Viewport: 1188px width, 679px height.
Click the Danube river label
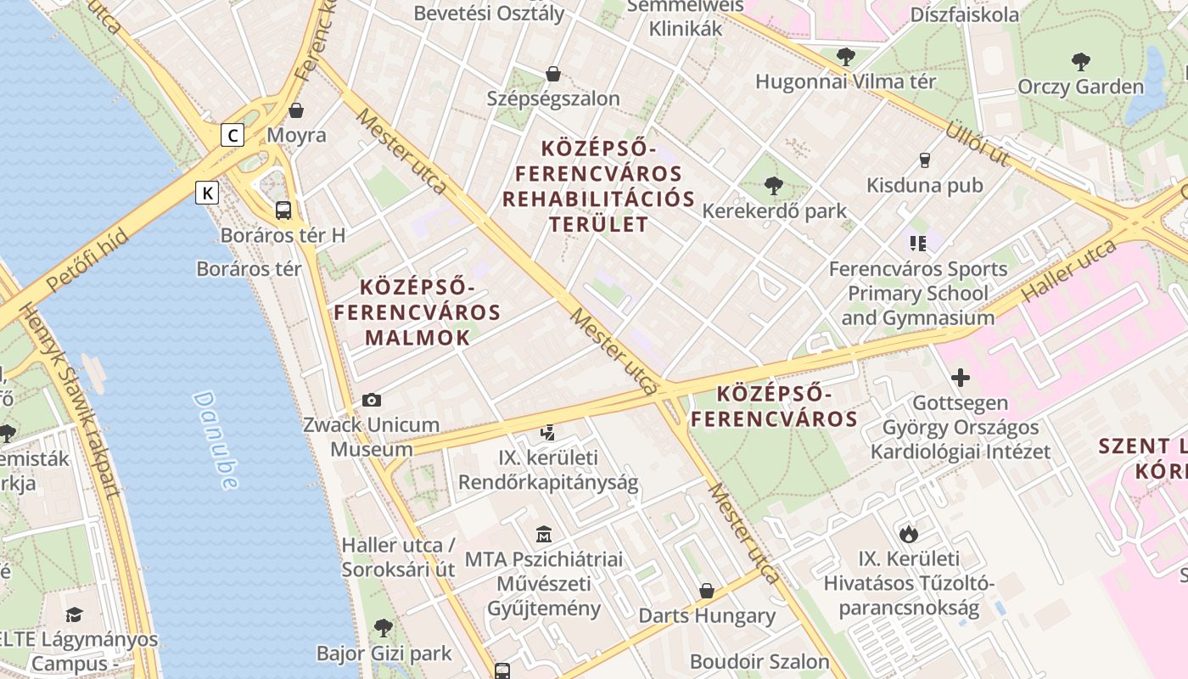pyautogui.click(x=215, y=440)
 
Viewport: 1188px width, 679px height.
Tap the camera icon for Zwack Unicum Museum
pyautogui.click(x=371, y=400)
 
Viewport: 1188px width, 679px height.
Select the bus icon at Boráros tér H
pyautogui.click(x=283, y=210)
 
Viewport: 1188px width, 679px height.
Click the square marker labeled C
pyautogui.click(x=233, y=134)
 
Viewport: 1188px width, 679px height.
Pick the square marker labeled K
pyautogui.click(x=206, y=193)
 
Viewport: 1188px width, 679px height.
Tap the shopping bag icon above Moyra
pyautogui.click(x=296, y=110)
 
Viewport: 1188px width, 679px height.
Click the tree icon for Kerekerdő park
pyautogui.click(x=773, y=185)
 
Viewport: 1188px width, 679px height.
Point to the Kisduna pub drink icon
pyautogui.click(x=925, y=160)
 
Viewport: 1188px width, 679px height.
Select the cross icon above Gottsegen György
pyautogui.click(x=961, y=377)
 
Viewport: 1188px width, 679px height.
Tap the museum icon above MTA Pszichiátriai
pyautogui.click(x=544, y=534)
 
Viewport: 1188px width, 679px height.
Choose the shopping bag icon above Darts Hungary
pyautogui.click(x=707, y=590)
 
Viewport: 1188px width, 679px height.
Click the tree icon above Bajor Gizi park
pyautogui.click(x=384, y=628)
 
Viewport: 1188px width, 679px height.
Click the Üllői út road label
pyautogui.click(x=978, y=143)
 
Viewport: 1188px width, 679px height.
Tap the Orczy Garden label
pyautogui.click(x=1080, y=87)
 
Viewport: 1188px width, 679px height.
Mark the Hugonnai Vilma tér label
pyautogui.click(x=845, y=81)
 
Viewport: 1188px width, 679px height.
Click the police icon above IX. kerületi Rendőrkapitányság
pyautogui.click(x=547, y=433)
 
